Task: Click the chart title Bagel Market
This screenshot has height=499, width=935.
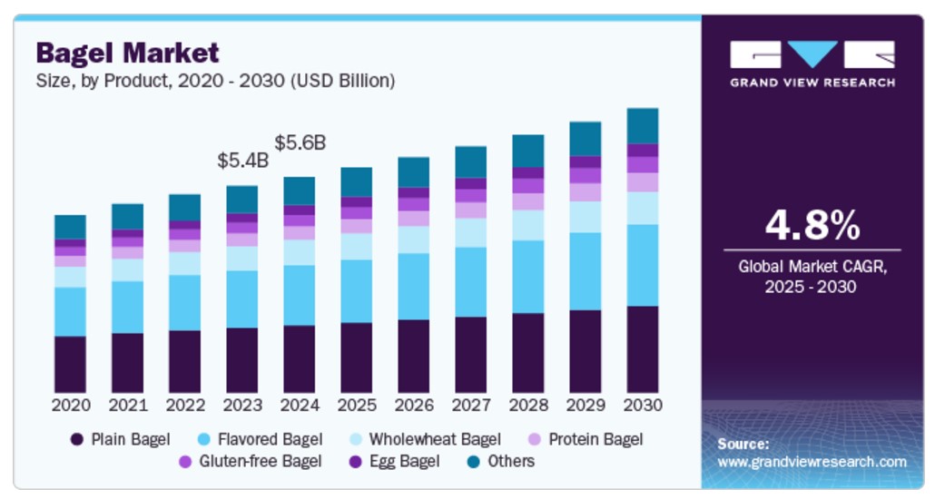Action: tap(127, 52)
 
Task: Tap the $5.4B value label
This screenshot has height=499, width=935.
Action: tap(242, 161)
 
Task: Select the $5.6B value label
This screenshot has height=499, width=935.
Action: tap(300, 142)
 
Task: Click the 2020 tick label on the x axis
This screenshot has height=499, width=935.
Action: tap(70, 405)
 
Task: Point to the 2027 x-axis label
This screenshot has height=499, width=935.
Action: tap(471, 405)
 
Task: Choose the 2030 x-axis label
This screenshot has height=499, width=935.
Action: tap(643, 405)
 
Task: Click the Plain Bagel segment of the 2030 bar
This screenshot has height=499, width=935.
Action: tap(643, 349)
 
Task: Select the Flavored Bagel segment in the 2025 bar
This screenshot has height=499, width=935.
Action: tap(357, 291)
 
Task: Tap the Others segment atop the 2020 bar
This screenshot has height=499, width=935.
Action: tap(70, 227)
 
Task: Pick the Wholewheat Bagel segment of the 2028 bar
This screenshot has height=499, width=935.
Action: tap(528, 225)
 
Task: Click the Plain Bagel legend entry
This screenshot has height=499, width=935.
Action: tap(120, 440)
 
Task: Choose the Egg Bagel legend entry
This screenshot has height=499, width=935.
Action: tap(393, 462)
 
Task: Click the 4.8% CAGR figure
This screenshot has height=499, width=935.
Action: tap(812, 226)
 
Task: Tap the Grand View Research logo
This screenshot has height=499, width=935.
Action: tap(812, 64)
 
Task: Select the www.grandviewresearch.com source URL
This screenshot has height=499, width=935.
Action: tap(812, 462)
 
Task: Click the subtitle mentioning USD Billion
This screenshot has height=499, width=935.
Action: tap(215, 81)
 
